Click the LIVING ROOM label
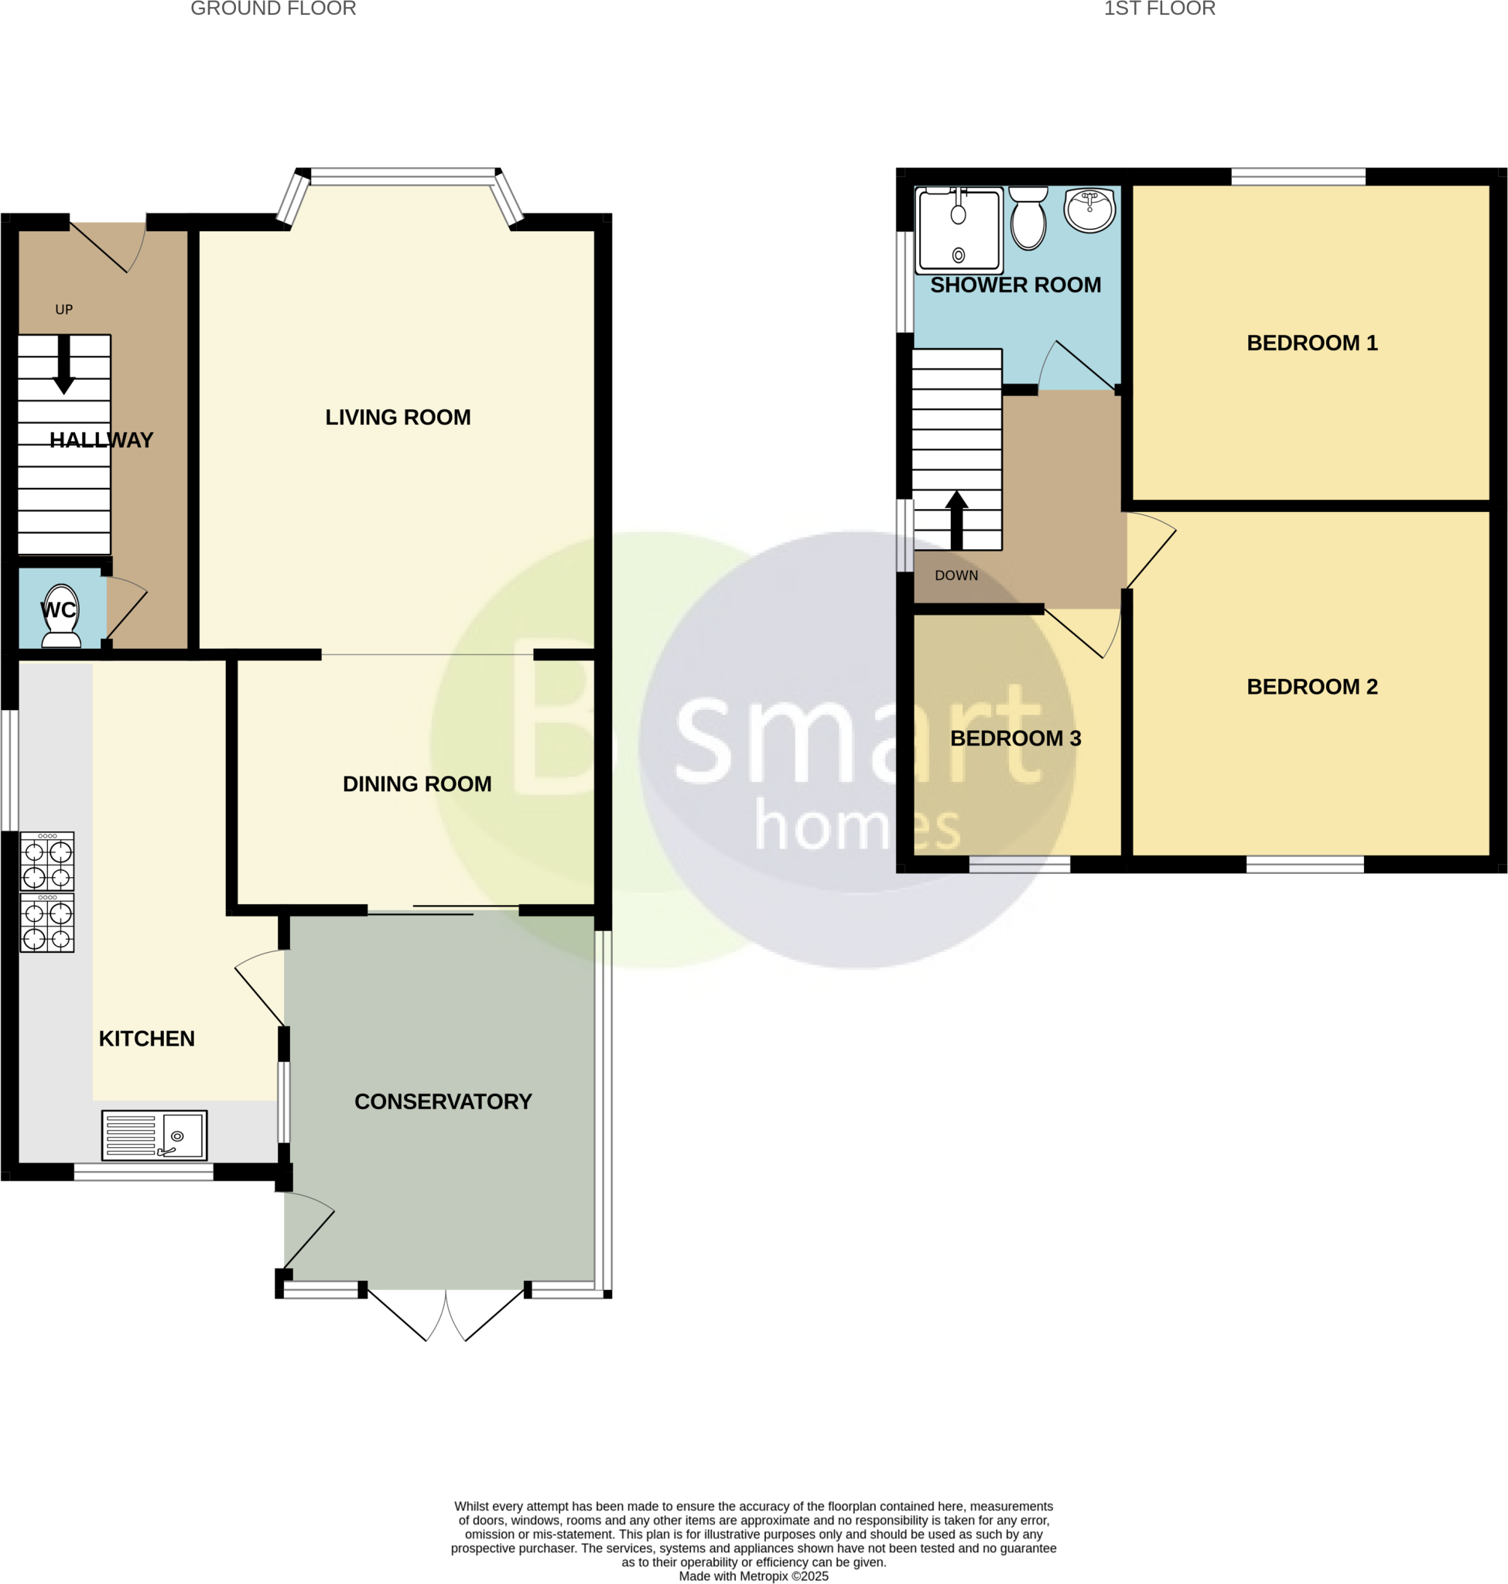(x=398, y=417)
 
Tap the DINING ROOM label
(x=416, y=783)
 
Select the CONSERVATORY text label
(x=443, y=1101)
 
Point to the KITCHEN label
(x=146, y=1038)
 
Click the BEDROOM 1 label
(x=1312, y=343)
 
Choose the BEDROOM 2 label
(x=1312, y=686)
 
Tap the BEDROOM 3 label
(x=1015, y=738)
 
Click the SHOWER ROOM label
(x=1015, y=285)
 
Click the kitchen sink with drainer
(x=154, y=1135)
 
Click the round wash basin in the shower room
(x=1089, y=210)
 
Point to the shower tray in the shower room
(x=958, y=230)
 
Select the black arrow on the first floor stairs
(x=956, y=520)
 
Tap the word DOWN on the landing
(x=956, y=575)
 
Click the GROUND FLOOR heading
(x=273, y=9)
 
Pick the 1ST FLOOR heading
(x=1159, y=9)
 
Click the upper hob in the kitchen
(x=47, y=861)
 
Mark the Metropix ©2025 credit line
(x=753, y=1576)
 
